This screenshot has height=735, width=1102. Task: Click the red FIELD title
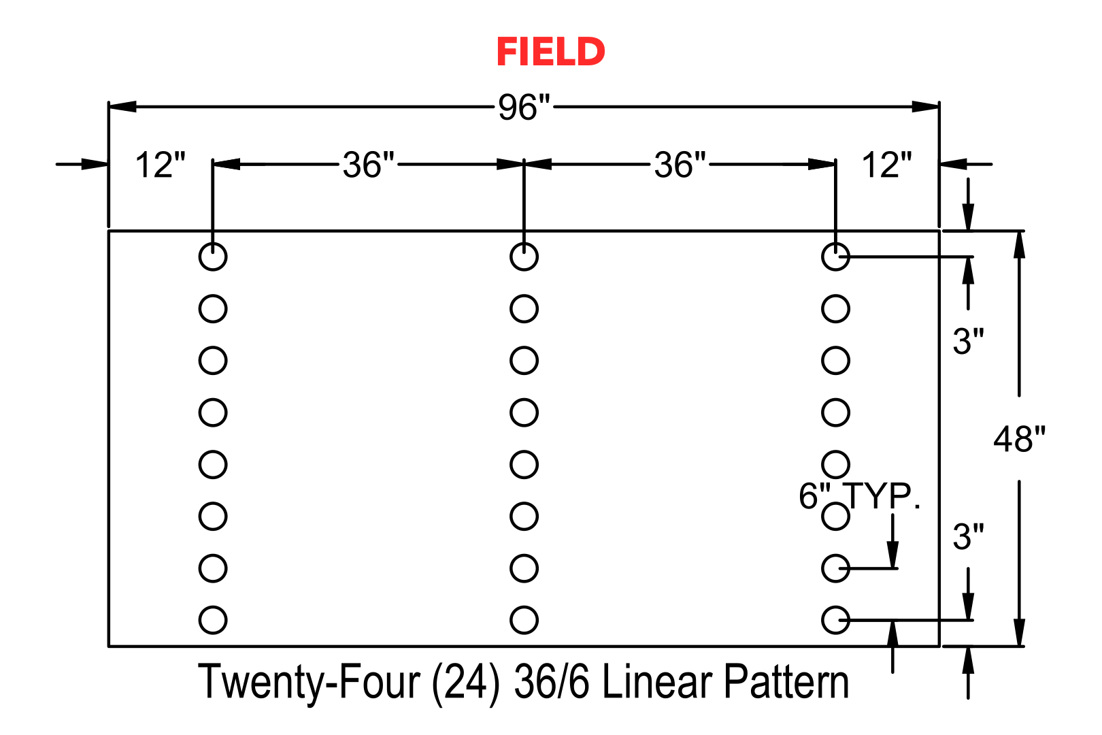pyautogui.click(x=550, y=52)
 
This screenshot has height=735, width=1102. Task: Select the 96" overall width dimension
pyautogui.click(x=524, y=107)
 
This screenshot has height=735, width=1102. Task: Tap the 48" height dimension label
pyautogui.click(x=1019, y=439)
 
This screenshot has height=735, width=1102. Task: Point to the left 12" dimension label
pyautogui.click(x=160, y=165)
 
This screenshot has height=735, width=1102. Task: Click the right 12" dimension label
pyautogui.click(x=886, y=165)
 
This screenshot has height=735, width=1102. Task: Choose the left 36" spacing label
pyautogui.click(x=369, y=165)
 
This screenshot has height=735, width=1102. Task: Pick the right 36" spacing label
pyautogui.click(x=680, y=165)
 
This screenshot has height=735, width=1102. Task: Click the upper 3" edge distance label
pyautogui.click(x=968, y=341)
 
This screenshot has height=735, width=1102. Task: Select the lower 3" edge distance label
pyautogui.click(x=968, y=536)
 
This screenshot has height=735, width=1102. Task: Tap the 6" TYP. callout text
pyautogui.click(x=859, y=495)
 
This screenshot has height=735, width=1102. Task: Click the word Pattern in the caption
pyautogui.click(x=786, y=682)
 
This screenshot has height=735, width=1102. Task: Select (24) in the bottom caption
pyautogui.click(x=465, y=683)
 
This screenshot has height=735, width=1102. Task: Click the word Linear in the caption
pyautogui.click(x=657, y=682)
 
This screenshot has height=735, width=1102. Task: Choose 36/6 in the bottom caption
pyautogui.click(x=552, y=682)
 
